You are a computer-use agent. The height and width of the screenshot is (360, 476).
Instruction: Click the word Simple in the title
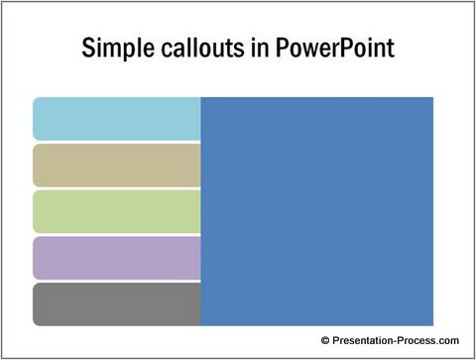[112, 49]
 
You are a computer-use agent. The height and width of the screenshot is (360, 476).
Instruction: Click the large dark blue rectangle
[317, 211]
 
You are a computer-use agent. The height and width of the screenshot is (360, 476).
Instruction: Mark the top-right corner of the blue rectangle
[433, 97]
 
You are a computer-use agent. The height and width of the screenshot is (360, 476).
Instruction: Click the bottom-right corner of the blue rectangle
[433, 325]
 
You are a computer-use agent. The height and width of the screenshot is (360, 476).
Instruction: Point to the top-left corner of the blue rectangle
[201, 97]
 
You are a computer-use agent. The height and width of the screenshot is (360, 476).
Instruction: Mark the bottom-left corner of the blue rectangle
[201, 325]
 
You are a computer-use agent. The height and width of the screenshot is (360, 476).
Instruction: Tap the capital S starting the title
[86, 49]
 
